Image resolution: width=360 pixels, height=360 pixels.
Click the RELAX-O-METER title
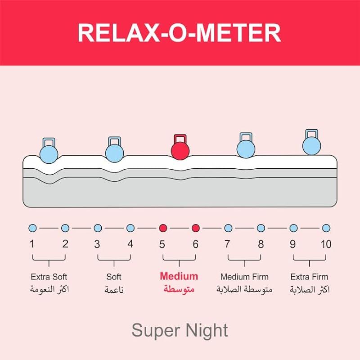[x=180, y=32]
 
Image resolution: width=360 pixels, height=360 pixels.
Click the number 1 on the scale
[x=32, y=244]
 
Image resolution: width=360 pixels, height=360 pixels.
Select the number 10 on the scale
[x=326, y=244]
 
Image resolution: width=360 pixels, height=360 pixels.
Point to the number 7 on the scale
[x=228, y=244]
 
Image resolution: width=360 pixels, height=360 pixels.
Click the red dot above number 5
[x=163, y=228]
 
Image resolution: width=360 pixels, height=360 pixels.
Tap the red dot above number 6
[x=195, y=228]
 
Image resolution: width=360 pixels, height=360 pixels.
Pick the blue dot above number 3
[x=98, y=228]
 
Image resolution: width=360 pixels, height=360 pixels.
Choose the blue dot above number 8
[x=261, y=228]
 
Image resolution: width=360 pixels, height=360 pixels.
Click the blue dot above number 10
[x=326, y=228]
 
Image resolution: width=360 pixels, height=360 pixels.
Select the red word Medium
[x=179, y=276]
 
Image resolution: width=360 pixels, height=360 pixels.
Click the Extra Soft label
[x=49, y=277]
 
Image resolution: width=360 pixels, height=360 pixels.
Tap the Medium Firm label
[x=244, y=277]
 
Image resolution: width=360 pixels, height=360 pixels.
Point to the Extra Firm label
[x=310, y=277]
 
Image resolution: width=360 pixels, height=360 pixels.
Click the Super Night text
[x=180, y=331]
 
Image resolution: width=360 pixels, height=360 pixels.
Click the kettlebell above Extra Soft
[x=49, y=151]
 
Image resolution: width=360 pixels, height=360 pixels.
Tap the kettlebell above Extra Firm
[x=311, y=144]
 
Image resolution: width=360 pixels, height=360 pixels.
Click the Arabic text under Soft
[x=114, y=290]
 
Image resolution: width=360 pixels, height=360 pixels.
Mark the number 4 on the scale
[x=130, y=244]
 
